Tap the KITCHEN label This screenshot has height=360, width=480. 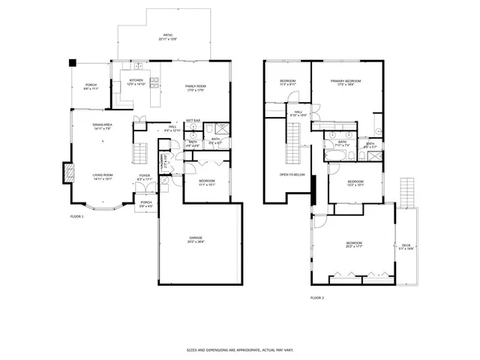click(x=136, y=81)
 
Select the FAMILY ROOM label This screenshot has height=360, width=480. click(x=196, y=87)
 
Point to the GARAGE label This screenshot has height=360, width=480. click(x=196, y=239)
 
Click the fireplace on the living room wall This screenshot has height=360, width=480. click(x=67, y=173)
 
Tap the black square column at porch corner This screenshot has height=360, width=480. click(x=72, y=63)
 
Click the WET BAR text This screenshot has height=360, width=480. click(x=193, y=120)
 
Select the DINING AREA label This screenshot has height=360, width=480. click(x=103, y=125)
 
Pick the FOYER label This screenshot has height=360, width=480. click(x=144, y=177)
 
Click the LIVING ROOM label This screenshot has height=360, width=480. click(x=103, y=177)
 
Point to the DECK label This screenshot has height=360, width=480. click(x=406, y=245)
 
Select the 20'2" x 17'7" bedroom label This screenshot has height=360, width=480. click(x=354, y=244)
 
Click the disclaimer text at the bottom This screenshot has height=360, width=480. click(x=239, y=349)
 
